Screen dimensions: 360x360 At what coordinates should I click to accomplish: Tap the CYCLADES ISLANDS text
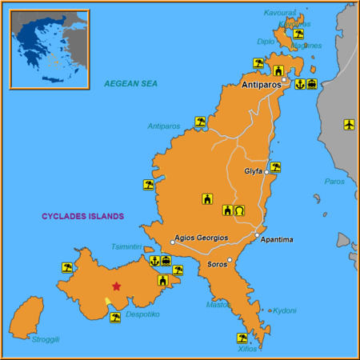[83, 216]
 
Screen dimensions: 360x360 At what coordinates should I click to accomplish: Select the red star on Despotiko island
[117, 286]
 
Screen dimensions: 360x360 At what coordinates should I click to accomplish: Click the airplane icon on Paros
[349, 124]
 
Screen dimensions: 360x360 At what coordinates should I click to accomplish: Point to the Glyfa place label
[253, 171]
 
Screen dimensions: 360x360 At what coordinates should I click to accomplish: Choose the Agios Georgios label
[202, 238]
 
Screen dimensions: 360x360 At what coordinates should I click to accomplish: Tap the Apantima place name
[277, 240]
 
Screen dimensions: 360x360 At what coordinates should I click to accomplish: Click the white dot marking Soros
[230, 260]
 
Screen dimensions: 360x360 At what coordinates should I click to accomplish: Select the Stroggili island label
[46, 339]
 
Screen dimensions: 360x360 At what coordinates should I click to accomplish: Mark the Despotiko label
[142, 314]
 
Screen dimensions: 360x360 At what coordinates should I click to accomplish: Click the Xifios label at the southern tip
[248, 349]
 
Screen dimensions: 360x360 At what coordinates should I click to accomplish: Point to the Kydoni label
[285, 310]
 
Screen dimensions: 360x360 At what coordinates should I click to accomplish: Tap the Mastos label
[218, 304]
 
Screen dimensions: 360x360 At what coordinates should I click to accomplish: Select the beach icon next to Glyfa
[275, 167]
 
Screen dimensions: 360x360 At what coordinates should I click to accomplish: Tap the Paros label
[334, 182]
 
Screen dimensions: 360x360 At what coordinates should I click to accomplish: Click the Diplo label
[266, 42]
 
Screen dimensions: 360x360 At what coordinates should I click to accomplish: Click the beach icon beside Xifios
[242, 338]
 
